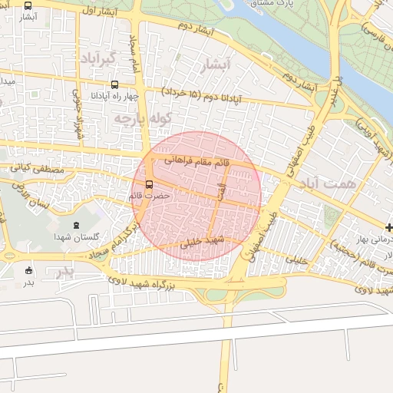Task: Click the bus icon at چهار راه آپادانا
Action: (x=114, y=85)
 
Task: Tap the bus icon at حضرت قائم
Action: (x=149, y=184)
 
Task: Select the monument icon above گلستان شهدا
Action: (x=75, y=225)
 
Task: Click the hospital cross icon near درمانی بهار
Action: (x=389, y=227)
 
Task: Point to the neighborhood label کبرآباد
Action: (x=97, y=58)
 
